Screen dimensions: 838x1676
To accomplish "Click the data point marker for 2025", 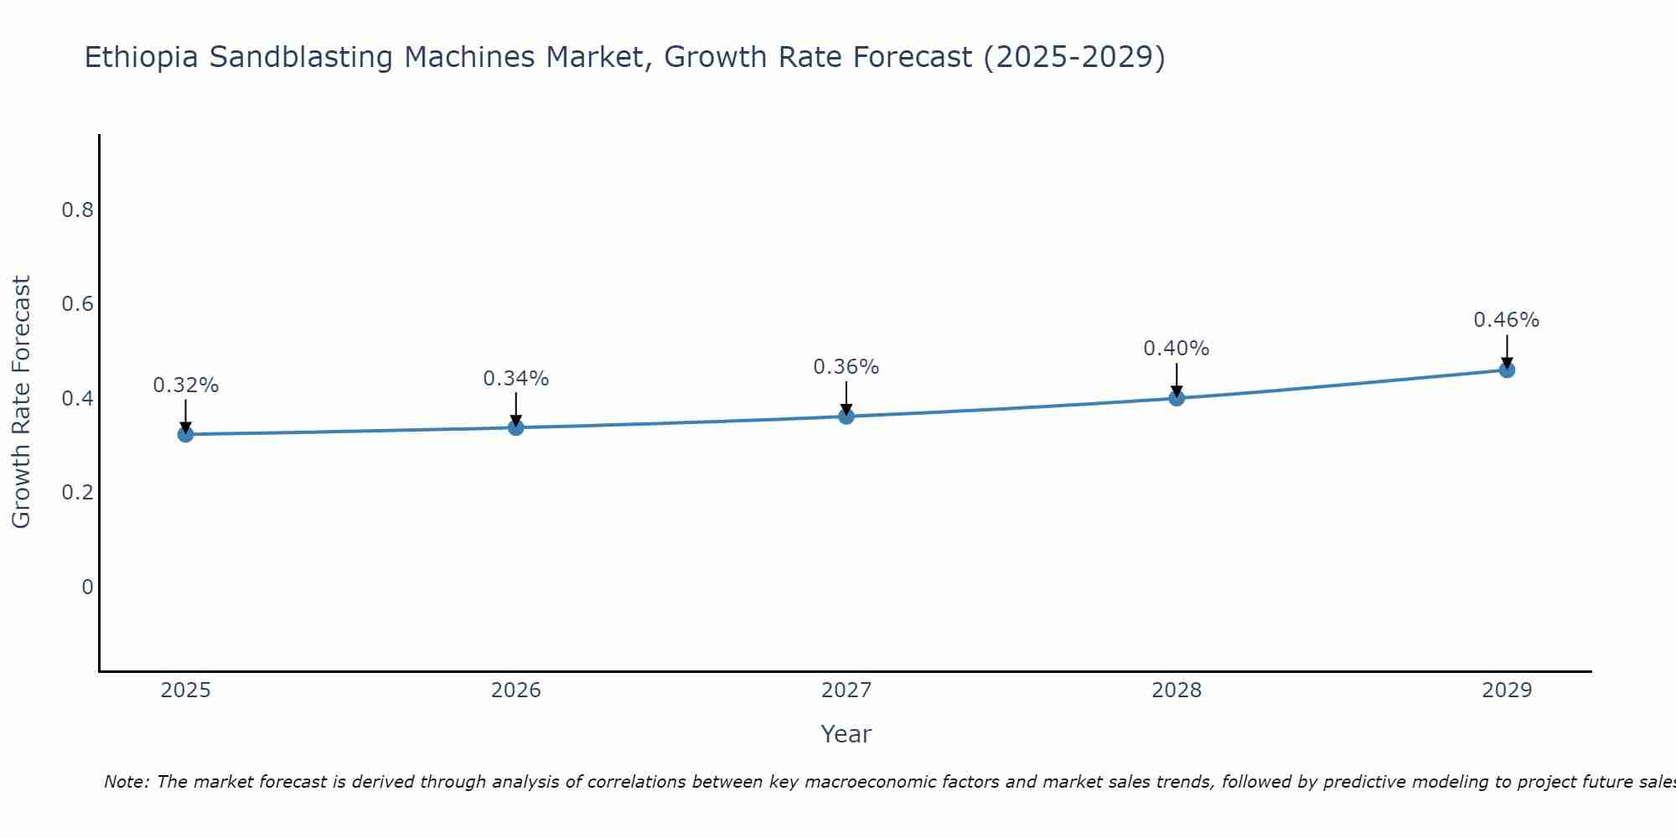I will click(185, 434).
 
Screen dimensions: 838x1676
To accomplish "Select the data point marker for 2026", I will click(515, 427).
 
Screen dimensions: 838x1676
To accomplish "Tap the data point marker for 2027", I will click(846, 416).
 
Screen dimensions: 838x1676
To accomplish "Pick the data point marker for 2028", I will click(1177, 398).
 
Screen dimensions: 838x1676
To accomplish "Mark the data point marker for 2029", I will click(1507, 370).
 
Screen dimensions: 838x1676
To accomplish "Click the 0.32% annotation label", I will click(185, 385).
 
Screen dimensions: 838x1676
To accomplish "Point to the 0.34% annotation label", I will click(515, 379).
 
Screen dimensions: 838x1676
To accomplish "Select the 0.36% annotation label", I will click(846, 367).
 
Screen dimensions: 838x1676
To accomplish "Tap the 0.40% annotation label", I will click(1177, 349).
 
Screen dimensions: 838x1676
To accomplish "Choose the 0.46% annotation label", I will click(1507, 320).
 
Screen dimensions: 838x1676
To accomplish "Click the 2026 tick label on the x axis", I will click(515, 691).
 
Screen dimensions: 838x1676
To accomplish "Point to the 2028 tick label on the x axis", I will click(1177, 691).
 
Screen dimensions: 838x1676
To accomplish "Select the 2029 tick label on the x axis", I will click(1507, 691).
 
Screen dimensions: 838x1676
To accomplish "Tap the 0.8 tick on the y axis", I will click(77, 209).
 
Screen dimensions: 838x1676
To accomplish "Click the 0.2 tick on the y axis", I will click(77, 492).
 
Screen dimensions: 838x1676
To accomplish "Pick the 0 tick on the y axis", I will click(87, 587).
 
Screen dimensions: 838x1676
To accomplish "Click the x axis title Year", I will click(846, 734).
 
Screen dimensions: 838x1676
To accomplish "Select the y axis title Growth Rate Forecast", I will click(22, 402).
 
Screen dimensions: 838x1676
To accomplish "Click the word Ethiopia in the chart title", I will click(142, 58).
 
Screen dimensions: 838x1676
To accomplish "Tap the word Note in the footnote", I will click(126, 782).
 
